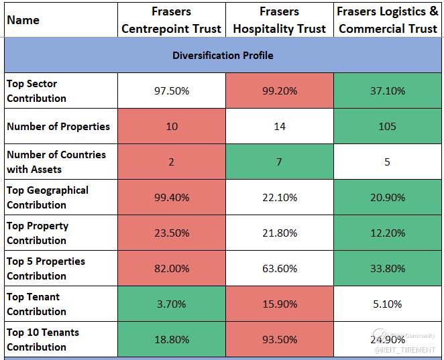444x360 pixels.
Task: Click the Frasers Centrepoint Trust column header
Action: (171, 20)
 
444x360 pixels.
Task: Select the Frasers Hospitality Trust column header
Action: (279, 20)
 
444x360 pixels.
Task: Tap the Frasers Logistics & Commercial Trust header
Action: (388, 20)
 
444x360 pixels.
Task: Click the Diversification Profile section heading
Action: (222, 55)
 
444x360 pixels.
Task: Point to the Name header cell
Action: (23, 20)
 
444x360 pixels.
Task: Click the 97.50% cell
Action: (171, 91)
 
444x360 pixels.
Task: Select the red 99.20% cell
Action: (279, 91)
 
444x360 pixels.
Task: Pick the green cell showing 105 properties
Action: (388, 126)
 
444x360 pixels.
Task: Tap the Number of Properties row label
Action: (58, 126)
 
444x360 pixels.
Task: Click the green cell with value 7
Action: (279, 162)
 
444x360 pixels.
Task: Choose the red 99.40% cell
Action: (171, 197)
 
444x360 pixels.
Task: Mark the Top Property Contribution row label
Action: (38, 233)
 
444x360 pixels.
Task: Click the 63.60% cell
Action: (279, 268)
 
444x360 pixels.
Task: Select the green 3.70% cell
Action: (171, 304)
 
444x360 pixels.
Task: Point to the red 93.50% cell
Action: (279, 339)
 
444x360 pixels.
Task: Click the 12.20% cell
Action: (388, 233)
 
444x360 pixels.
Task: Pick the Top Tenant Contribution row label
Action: (36, 304)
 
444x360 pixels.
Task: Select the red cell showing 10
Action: (171, 126)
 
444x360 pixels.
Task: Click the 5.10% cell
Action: (388, 304)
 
